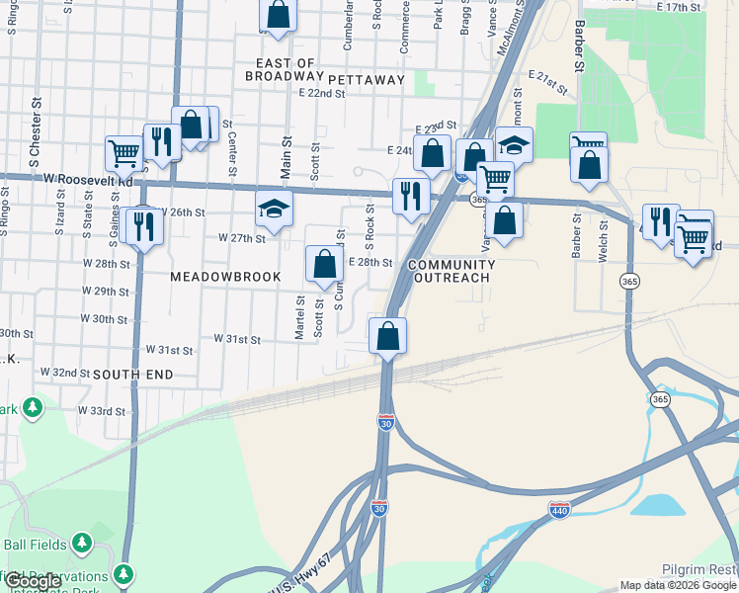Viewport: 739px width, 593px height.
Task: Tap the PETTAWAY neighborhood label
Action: pos(367,79)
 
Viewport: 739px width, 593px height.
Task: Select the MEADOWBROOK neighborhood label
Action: pos(226,278)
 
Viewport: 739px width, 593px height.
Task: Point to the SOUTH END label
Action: pos(133,375)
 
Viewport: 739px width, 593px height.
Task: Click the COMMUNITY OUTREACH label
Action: pos(450,272)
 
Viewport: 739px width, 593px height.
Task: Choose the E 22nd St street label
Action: pos(321,93)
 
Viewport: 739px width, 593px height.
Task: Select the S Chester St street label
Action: pos(34,129)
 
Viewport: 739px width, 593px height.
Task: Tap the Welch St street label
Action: pos(603,240)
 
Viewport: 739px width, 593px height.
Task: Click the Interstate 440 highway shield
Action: pos(558,510)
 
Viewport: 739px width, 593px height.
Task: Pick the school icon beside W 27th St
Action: pos(274,209)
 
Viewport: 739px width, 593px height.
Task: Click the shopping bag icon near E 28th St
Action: pos(323,264)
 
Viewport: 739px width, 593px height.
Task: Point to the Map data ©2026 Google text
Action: pos(678,585)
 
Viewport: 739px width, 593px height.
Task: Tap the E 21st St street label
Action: pos(549,82)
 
